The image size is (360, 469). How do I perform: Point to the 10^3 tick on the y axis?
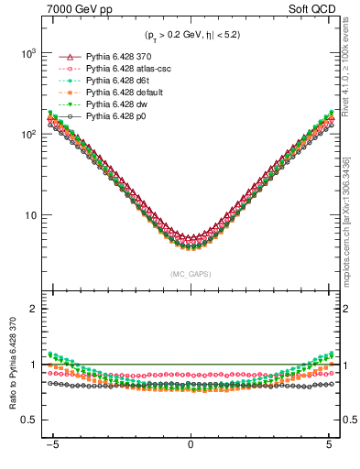pos(29,53)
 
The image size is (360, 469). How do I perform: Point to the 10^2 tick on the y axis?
pos(29,135)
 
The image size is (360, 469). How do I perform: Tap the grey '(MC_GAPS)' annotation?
pos(191,274)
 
